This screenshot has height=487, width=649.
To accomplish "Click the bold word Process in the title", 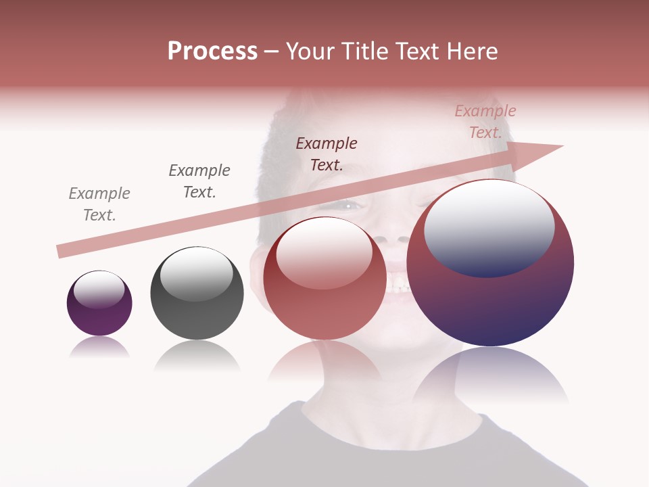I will (x=212, y=51).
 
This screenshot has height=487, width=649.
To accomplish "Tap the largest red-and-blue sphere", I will (x=490, y=304).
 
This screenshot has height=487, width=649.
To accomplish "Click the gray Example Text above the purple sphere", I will (x=99, y=204).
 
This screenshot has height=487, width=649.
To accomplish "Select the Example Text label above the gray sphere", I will (x=199, y=181).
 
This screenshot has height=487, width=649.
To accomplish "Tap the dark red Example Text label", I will (x=327, y=154).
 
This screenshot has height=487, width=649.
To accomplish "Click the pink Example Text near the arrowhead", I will (x=485, y=122).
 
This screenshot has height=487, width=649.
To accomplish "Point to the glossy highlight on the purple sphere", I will (x=99, y=289).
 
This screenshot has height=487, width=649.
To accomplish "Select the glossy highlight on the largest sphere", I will (x=489, y=227).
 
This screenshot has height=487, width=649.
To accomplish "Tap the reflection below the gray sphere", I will (x=197, y=356).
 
